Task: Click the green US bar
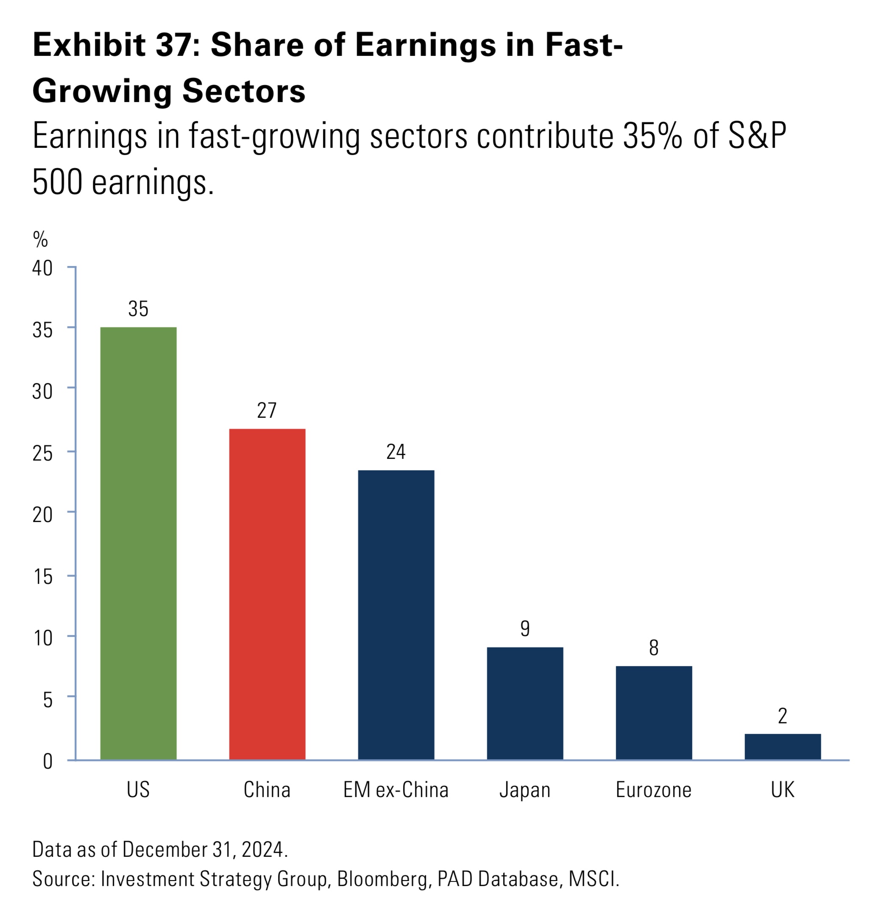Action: coord(138,542)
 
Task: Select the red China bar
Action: coord(267,594)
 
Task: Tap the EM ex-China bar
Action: coord(395,614)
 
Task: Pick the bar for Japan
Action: coord(525,703)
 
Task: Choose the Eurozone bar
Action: coord(654,712)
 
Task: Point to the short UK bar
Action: coord(782,746)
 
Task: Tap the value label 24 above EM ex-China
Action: coord(395,452)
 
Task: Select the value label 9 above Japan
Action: coord(525,628)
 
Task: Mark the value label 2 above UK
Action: coord(782,716)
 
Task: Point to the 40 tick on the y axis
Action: coord(42,268)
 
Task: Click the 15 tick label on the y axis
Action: coord(42,576)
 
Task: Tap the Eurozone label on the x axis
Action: coord(654,790)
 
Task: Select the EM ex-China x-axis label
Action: coord(395,790)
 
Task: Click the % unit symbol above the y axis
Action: coord(40,239)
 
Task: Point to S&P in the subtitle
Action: coord(757,136)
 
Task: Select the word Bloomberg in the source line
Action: coord(382,879)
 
